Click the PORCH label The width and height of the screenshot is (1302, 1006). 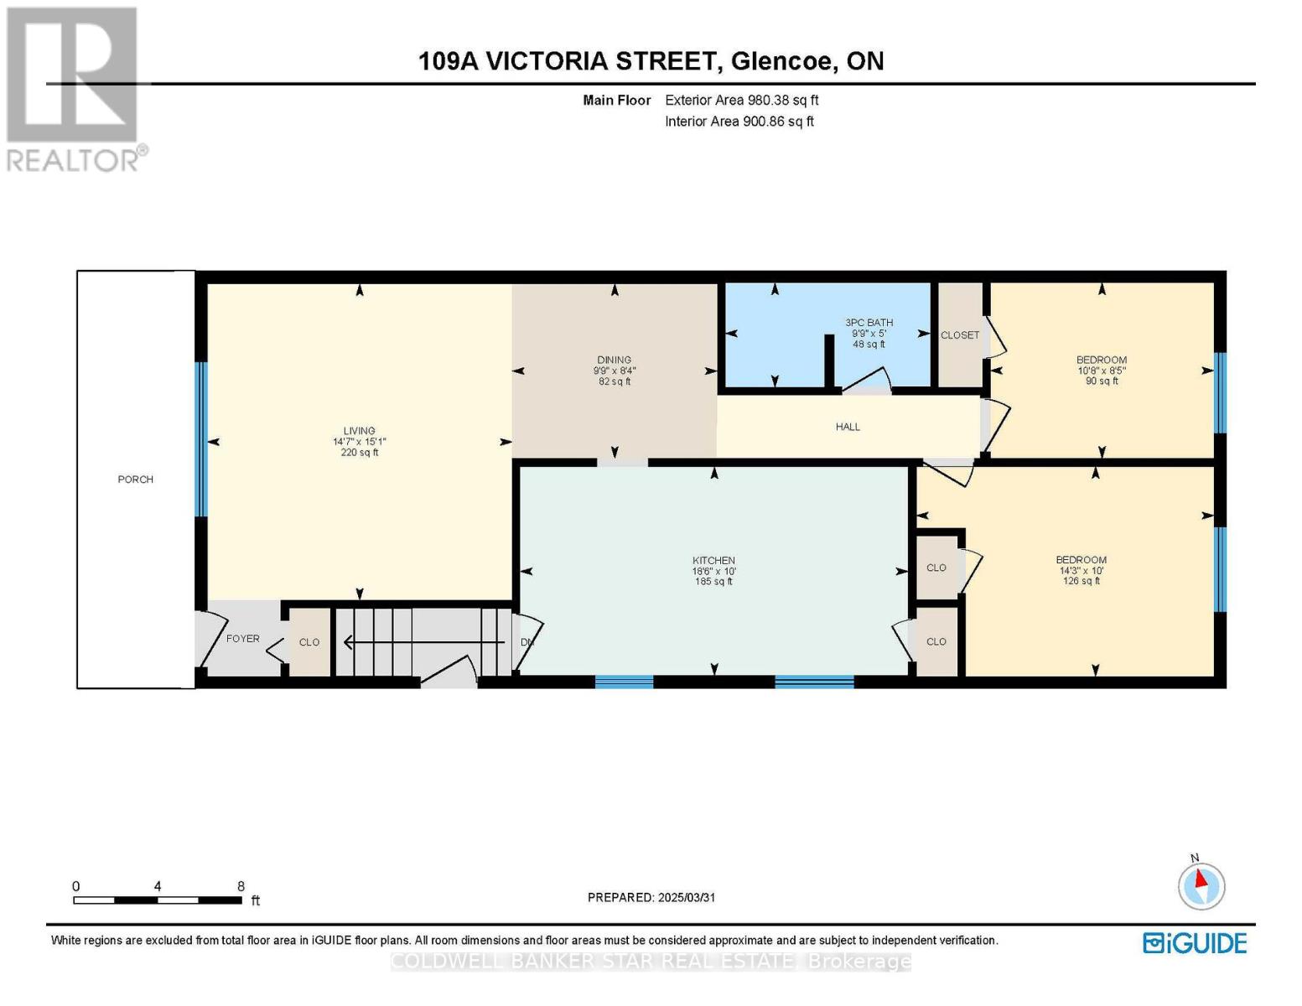click(x=135, y=480)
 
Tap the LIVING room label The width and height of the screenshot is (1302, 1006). click(x=359, y=431)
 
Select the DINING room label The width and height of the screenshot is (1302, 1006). click(x=614, y=360)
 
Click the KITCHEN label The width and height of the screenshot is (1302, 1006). click(x=713, y=560)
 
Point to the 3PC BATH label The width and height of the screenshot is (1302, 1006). click(x=869, y=323)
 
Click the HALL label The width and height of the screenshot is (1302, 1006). click(x=848, y=427)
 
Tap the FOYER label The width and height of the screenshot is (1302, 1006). click(x=242, y=639)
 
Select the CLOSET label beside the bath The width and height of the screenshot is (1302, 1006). click(x=959, y=335)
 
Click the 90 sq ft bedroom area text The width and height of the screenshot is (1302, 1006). click(x=1102, y=381)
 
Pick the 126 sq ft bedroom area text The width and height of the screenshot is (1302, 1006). click(x=1081, y=581)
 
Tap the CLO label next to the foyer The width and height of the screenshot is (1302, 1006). click(x=309, y=642)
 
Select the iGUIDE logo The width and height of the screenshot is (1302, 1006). click(x=1195, y=943)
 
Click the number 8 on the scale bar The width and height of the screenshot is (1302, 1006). click(x=241, y=886)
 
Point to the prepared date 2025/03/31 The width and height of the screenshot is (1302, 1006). click(x=686, y=897)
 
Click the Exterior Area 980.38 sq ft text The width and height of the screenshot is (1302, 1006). click(x=741, y=100)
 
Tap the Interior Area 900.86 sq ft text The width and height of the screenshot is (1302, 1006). click(x=739, y=122)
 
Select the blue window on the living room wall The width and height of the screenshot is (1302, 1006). click(x=200, y=439)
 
